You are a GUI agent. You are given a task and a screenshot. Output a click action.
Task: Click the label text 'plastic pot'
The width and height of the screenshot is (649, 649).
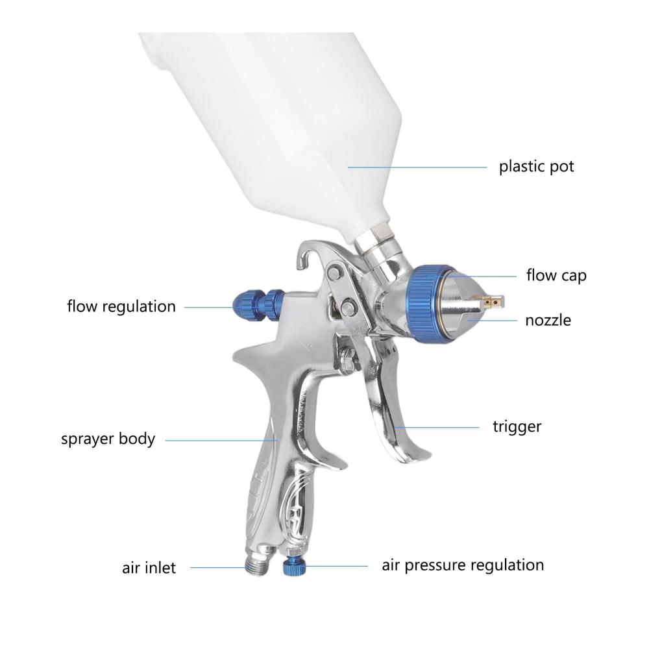click(x=537, y=167)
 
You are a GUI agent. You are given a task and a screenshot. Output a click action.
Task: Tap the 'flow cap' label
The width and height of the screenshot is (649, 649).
click(x=556, y=275)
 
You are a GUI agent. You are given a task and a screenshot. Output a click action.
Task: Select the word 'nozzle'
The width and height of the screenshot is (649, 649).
click(x=548, y=321)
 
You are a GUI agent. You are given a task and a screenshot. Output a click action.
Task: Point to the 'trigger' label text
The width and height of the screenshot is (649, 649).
click(x=517, y=427)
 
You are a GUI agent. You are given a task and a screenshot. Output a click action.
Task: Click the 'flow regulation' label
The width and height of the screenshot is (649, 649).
click(x=121, y=307)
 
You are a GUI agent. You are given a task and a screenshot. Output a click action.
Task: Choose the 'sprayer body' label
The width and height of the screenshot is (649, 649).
click(x=108, y=439)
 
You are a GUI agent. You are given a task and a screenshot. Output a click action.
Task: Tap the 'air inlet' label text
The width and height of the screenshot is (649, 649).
click(x=149, y=568)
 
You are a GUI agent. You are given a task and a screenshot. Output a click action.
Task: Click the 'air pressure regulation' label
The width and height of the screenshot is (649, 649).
click(x=463, y=565)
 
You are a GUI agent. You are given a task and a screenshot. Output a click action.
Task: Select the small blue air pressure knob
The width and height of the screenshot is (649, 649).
click(x=294, y=567)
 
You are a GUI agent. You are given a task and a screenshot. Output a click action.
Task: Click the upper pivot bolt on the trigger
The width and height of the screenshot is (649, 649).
click(x=334, y=273)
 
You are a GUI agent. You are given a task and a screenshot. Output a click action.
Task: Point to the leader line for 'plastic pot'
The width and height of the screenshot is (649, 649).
click(x=417, y=167)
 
